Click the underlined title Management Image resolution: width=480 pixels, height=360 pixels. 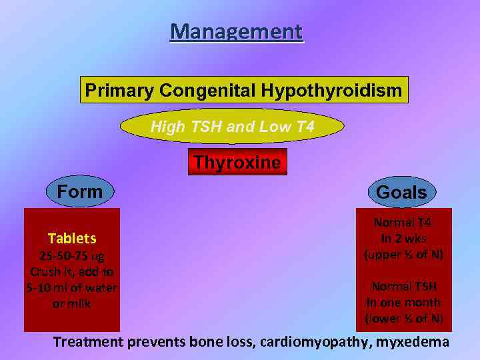pos(236,31)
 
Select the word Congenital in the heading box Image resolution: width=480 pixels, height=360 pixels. pos(207,90)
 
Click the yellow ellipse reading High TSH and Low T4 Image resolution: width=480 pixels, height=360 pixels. pos(232,126)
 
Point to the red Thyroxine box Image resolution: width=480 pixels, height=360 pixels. pos(237,163)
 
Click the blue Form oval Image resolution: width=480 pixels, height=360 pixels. pos(80,192)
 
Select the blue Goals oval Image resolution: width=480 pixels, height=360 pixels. pos(401,193)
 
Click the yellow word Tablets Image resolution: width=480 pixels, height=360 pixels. pos(72,238)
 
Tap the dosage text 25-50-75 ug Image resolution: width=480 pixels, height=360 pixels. pos(72,256)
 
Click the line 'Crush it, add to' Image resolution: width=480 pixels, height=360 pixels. pos(72,272)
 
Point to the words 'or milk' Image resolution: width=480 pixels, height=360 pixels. pos(72,303)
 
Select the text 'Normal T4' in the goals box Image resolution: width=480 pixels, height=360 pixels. pos(403,223)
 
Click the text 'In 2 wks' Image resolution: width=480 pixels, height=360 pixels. pos(403,238)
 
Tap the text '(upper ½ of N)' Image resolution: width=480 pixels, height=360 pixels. pos(403,254)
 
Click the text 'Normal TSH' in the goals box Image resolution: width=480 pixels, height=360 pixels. pos(404,287)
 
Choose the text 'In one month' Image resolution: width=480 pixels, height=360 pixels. pos(403,302)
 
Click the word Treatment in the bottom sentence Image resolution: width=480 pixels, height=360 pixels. pos(89,343)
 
